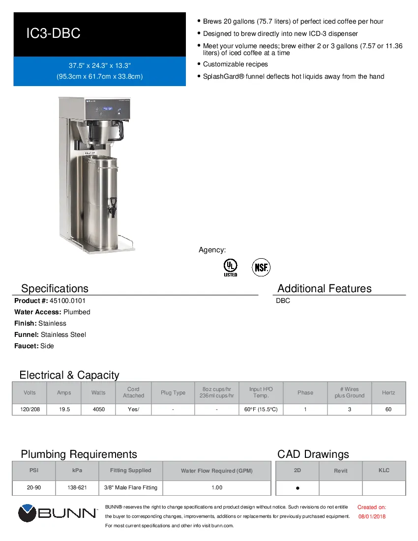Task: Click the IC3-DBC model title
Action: (53, 34)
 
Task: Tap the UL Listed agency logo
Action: (230, 267)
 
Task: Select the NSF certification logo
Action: (261, 267)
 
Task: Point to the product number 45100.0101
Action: (63, 301)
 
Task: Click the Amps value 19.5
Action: (64, 409)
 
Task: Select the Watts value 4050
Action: (98, 409)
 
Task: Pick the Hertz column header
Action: (388, 392)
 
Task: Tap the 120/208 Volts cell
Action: (30, 409)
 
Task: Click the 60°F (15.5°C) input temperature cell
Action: (261, 409)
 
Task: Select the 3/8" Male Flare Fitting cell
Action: (130, 487)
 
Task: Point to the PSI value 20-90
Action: (34, 487)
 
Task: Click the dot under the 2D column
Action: (298, 488)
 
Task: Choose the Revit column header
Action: (340, 471)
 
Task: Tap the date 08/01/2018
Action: (372, 516)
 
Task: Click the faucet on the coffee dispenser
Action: (113, 206)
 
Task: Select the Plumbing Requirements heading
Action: (79, 454)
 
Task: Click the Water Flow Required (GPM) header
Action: (216, 471)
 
